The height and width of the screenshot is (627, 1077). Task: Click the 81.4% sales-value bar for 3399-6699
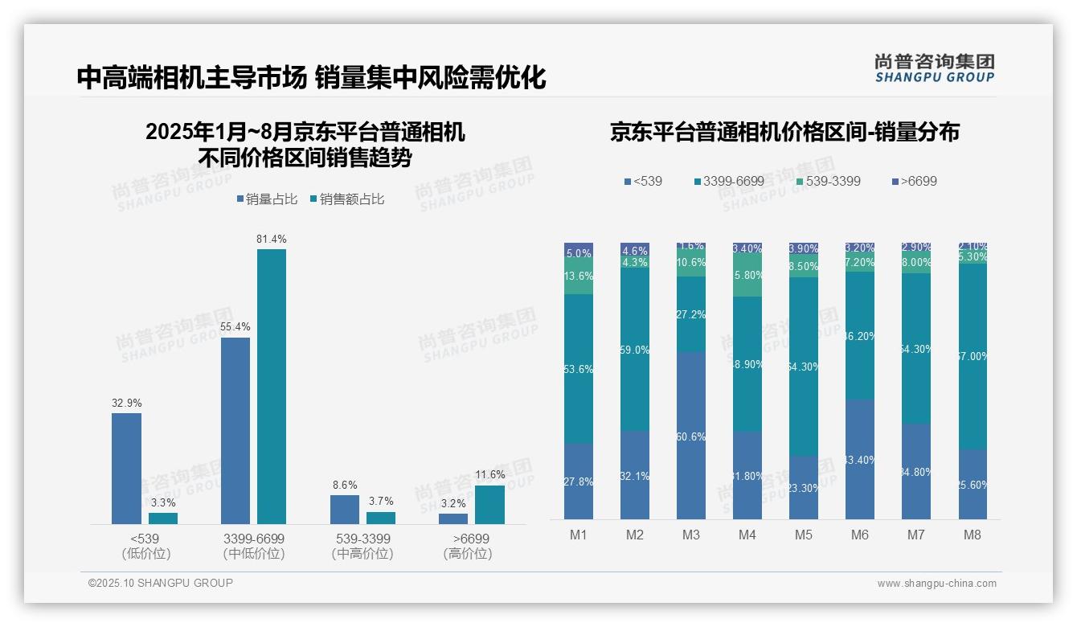[x=272, y=386]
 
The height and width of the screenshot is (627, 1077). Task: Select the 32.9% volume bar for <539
[x=126, y=468]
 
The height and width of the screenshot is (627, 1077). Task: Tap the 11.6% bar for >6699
[x=489, y=504]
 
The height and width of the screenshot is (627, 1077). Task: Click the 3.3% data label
[x=163, y=502]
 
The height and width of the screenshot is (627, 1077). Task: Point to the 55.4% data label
[x=235, y=326]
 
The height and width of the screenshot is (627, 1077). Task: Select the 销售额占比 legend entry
[x=347, y=199]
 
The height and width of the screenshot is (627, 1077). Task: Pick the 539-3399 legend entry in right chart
[x=827, y=182]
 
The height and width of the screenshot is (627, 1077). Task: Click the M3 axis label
[x=691, y=535]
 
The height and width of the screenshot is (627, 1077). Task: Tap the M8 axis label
[x=973, y=535]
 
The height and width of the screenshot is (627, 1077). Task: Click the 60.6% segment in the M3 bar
[x=691, y=436]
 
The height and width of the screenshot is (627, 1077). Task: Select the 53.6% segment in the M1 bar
[x=579, y=369]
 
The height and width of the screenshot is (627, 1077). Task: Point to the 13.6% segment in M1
[x=579, y=276]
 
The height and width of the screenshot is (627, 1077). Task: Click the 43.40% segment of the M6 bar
[x=860, y=459]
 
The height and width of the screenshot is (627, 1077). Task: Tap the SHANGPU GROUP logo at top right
[x=934, y=68]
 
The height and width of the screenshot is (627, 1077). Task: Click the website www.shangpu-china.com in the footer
[x=936, y=584]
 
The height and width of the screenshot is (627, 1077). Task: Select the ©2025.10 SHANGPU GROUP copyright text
[x=161, y=583]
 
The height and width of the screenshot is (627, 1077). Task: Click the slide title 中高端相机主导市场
[x=191, y=78]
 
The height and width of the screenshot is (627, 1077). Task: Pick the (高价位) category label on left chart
[x=467, y=554]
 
